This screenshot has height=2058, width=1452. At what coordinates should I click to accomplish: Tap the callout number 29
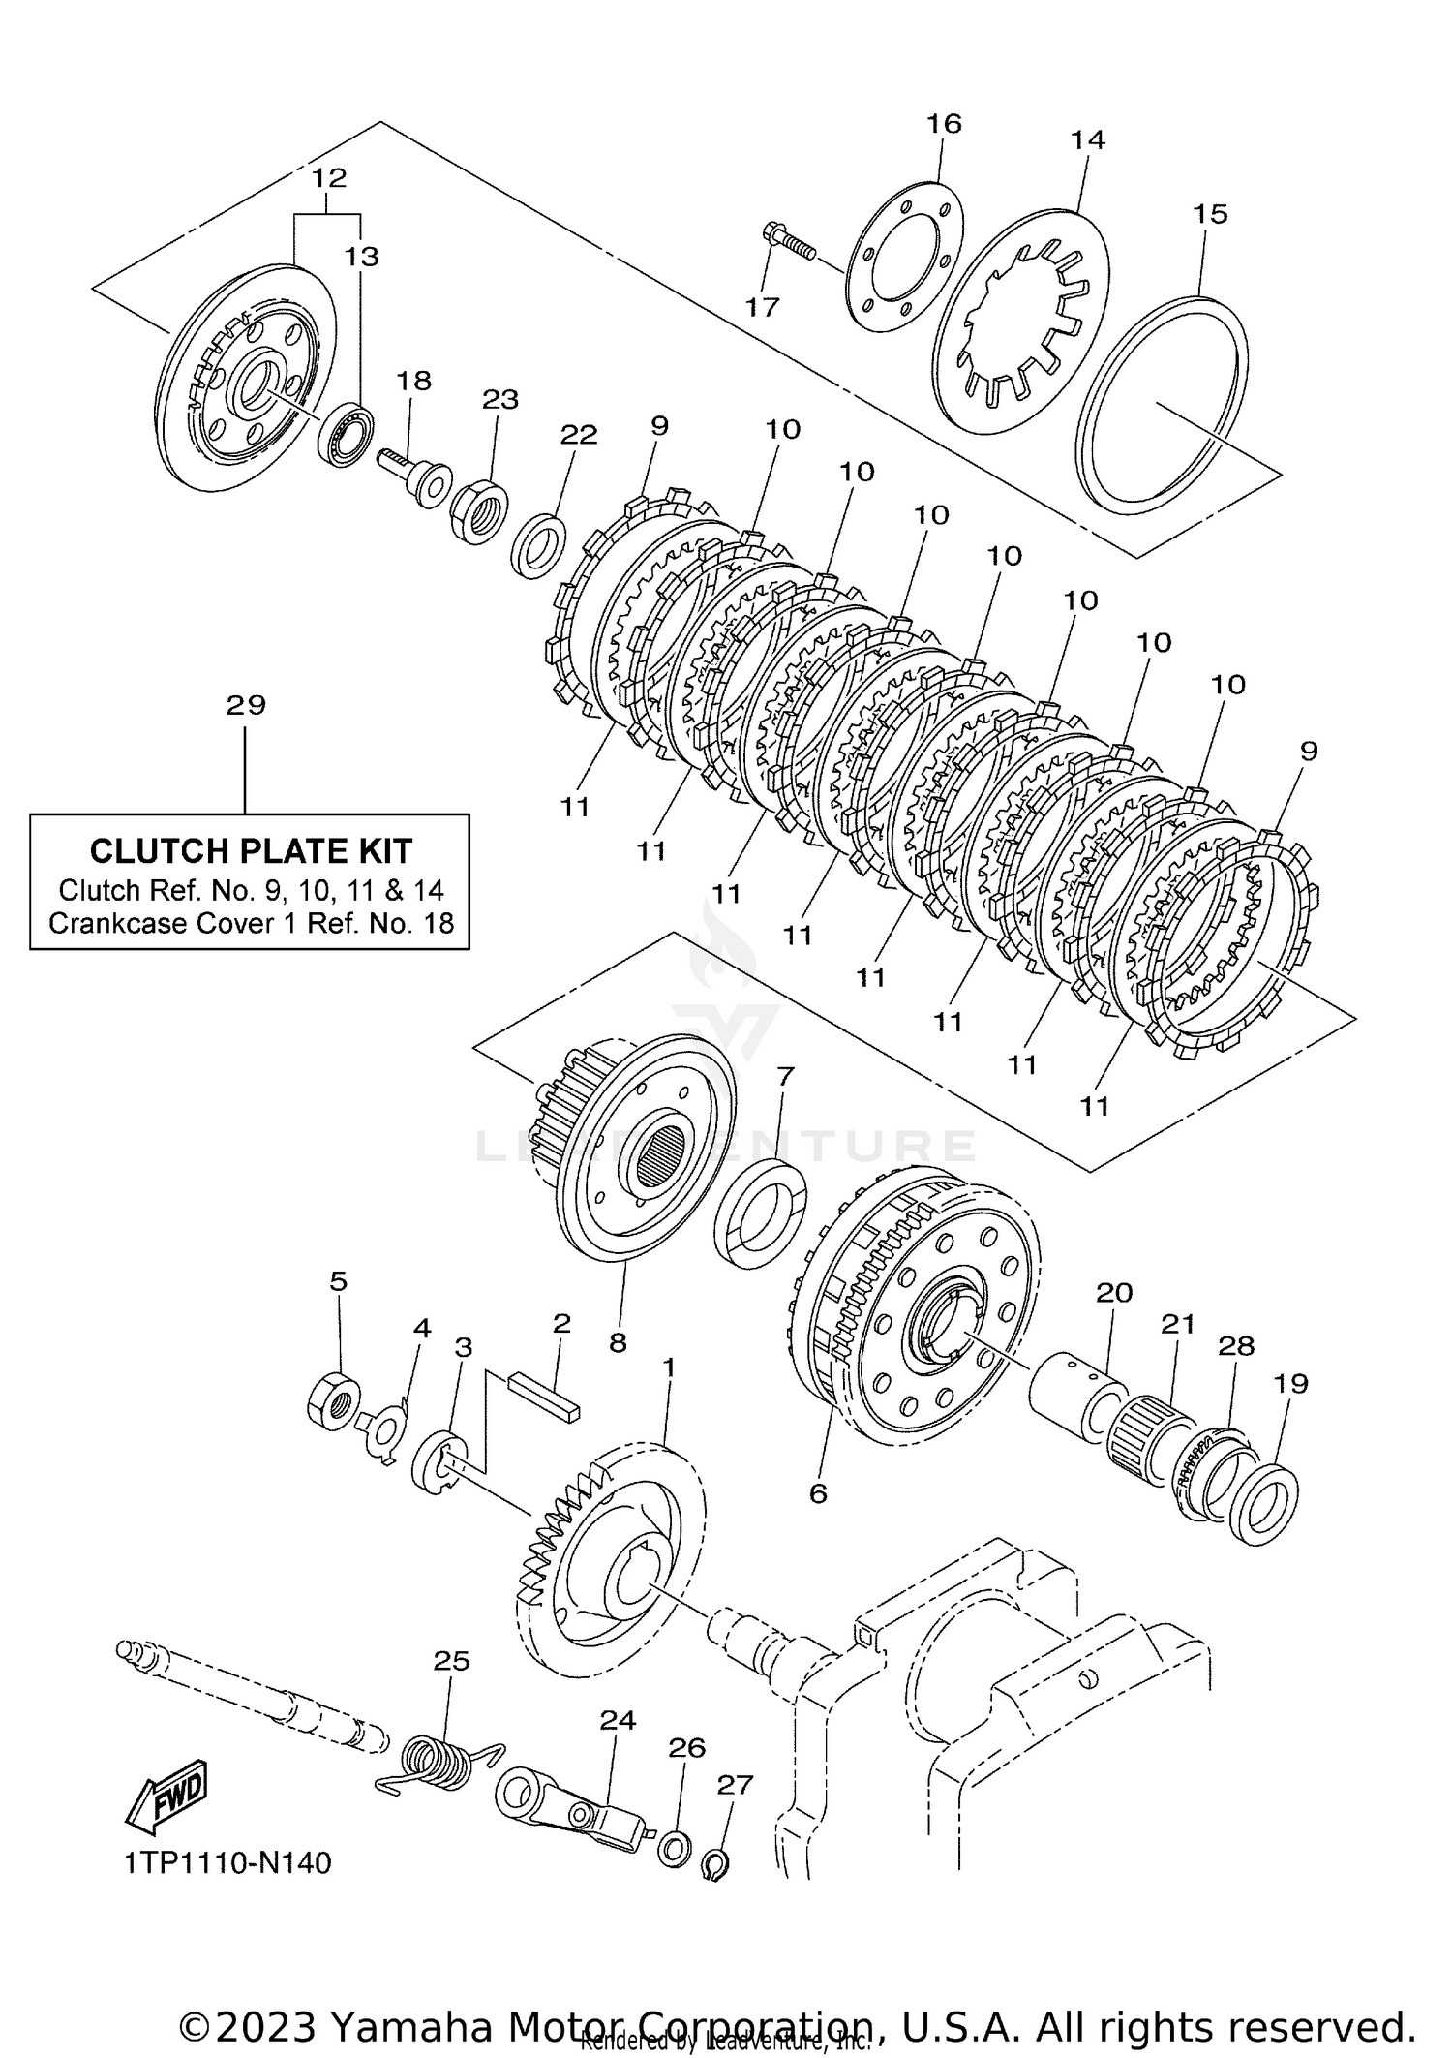246,705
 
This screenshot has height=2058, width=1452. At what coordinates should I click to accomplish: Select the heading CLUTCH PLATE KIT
251,850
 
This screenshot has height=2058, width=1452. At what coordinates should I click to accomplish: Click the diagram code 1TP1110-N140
228,1862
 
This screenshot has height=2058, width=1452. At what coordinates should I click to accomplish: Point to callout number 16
944,124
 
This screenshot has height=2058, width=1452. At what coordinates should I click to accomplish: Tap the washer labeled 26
675,1846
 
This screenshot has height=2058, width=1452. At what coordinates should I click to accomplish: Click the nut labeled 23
481,512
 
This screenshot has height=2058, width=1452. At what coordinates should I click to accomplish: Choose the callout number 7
785,1075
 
